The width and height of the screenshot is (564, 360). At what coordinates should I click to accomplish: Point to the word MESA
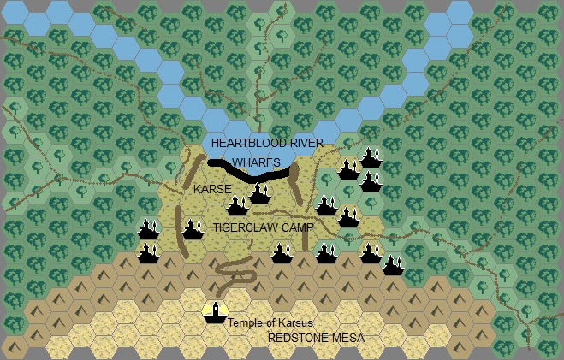348,339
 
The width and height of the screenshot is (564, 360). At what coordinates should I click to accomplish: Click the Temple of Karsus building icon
214,313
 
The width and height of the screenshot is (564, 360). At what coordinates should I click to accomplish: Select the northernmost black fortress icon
371,157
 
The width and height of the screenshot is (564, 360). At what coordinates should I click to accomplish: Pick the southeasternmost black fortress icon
393,265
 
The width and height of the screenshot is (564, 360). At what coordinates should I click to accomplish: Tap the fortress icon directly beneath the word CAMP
282,251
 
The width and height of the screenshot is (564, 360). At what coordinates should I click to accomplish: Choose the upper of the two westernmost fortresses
149,230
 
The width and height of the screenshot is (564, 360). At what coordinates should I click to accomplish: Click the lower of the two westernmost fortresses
149,253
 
